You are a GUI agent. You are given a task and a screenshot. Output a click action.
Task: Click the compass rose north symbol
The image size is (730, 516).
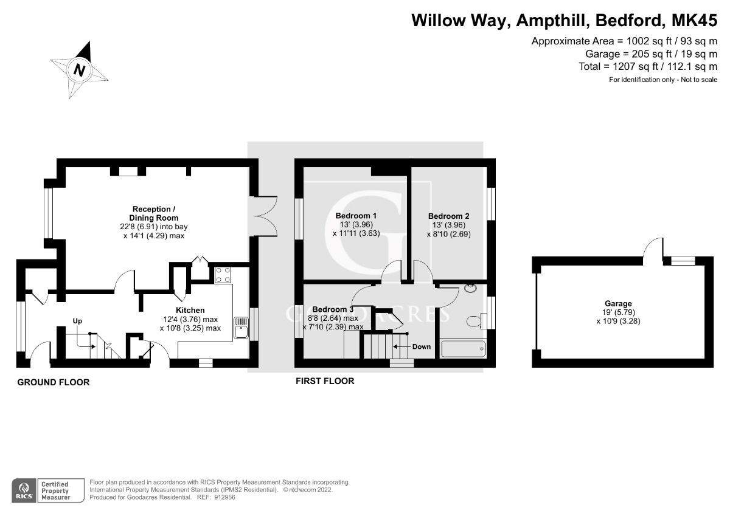click(x=79, y=69)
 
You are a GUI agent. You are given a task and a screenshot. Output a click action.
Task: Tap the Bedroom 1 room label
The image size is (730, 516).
click(x=356, y=216)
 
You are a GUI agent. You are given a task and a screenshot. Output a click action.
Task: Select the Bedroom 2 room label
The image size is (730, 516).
click(x=448, y=216)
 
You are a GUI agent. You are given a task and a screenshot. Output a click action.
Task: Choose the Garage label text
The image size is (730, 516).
click(x=618, y=303)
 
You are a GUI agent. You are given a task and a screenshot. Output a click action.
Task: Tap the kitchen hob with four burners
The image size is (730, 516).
click(x=222, y=275)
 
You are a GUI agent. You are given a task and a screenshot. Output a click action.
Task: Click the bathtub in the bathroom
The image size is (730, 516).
click(x=463, y=349)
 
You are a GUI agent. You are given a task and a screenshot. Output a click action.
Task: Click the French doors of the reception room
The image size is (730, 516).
click(x=266, y=213)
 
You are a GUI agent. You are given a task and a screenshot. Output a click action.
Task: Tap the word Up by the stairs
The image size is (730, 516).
click(x=77, y=320)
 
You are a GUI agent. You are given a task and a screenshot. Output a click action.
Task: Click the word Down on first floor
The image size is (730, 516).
click(x=421, y=346)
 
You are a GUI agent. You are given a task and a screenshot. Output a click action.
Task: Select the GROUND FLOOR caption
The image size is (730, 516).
click(x=53, y=382)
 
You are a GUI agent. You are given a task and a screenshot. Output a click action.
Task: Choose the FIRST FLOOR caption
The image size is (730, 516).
click(x=324, y=381)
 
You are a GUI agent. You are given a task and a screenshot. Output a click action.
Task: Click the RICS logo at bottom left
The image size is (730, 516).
click(x=25, y=489)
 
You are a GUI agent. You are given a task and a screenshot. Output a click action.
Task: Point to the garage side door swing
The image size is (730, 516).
click(x=653, y=249)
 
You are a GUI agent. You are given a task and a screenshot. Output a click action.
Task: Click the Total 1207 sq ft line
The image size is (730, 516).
click(x=648, y=66)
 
